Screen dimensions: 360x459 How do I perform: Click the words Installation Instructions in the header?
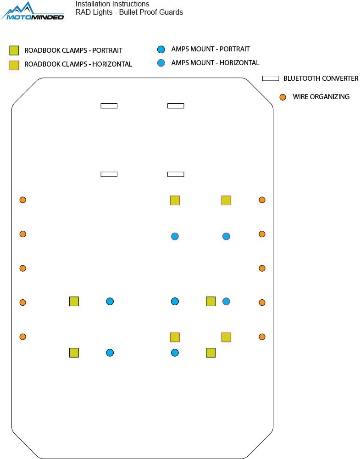click(x=112, y=4)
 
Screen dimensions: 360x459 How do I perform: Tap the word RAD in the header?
click(x=83, y=12)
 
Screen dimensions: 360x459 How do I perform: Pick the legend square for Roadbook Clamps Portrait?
click(x=14, y=50)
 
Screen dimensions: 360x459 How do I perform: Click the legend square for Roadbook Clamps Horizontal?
click(x=14, y=65)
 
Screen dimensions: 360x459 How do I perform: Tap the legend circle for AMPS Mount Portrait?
click(x=161, y=50)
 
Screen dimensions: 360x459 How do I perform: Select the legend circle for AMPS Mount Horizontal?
click(x=161, y=63)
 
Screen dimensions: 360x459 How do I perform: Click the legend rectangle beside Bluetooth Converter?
click(x=271, y=78)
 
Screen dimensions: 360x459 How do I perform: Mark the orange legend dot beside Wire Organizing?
click(x=283, y=97)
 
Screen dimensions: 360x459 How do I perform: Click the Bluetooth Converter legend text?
click(x=321, y=78)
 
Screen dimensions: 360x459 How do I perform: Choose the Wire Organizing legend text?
click(x=321, y=97)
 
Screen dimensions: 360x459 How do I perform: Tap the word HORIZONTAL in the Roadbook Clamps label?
click(x=112, y=64)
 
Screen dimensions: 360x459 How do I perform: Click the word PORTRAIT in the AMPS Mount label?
click(x=234, y=49)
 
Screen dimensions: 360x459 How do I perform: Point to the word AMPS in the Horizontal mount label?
click(x=180, y=63)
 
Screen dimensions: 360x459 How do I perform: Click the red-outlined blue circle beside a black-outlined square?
click(x=226, y=301)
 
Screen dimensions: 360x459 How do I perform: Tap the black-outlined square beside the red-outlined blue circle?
click(x=211, y=301)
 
